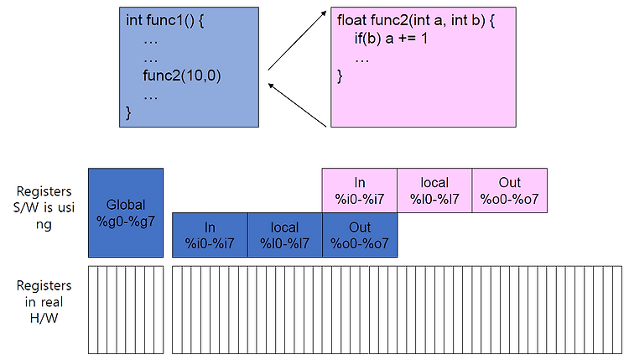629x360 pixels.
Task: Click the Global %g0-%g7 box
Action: (x=126, y=212)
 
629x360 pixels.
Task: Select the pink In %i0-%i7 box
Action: (x=360, y=190)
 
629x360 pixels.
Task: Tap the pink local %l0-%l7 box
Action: (x=434, y=190)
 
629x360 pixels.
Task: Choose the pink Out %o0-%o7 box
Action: (x=509, y=190)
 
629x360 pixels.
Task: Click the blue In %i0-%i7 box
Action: (x=210, y=235)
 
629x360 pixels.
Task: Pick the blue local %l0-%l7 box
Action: (x=285, y=235)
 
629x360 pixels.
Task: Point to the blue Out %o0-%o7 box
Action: (x=360, y=235)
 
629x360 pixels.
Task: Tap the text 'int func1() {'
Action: (x=165, y=20)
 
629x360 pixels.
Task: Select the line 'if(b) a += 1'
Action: (x=391, y=39)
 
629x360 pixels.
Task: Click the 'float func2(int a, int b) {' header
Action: (x=416, y=20)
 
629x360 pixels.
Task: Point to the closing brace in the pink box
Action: (x=340, y=76)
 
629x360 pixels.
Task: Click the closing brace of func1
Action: (x=128, y=112)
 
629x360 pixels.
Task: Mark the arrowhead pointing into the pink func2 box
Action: (x=324, y=13)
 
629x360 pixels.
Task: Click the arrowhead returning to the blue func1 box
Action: (x=271, y=86)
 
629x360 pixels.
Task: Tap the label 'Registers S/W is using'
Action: (x=44, y=207)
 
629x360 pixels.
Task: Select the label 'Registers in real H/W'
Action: (x=44, y=302)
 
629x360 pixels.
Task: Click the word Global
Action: (x=126, y=205)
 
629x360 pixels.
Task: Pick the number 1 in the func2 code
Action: (x=424, y=39)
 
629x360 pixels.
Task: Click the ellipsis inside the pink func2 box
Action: (x=361, y=61)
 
